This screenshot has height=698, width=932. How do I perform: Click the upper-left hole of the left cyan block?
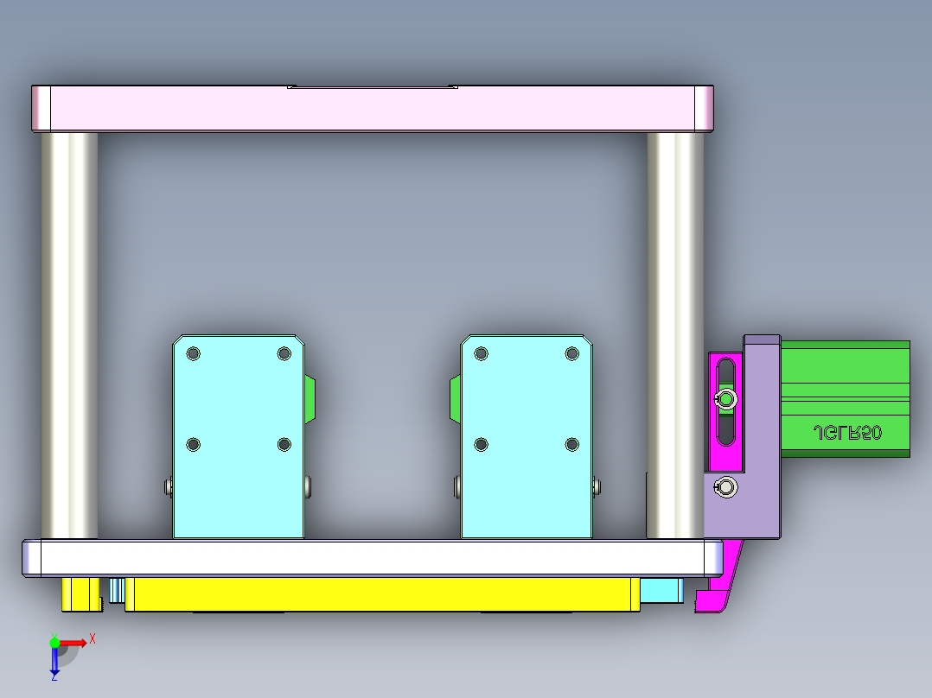tap(193, 353)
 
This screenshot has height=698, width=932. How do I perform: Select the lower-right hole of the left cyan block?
tap(284, 444)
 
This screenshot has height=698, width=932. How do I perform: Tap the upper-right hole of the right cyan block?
tap(571, 353)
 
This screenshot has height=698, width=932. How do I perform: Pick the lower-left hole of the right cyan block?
tap(482, 444)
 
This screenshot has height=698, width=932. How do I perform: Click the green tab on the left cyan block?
tap(310, 399)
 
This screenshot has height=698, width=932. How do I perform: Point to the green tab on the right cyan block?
tap(454, 400)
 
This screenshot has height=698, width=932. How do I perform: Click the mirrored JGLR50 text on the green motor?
tap(847, 433)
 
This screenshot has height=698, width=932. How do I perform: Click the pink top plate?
tap(372, 109)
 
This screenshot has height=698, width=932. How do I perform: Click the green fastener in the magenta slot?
tap(727, 398)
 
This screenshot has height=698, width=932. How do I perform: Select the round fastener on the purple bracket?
tap(729, 489)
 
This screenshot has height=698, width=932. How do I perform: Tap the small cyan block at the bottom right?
tap(662, 591)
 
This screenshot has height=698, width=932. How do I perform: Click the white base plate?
tap(372, 558)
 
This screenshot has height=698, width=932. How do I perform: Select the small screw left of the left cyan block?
tap(168, 487)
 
